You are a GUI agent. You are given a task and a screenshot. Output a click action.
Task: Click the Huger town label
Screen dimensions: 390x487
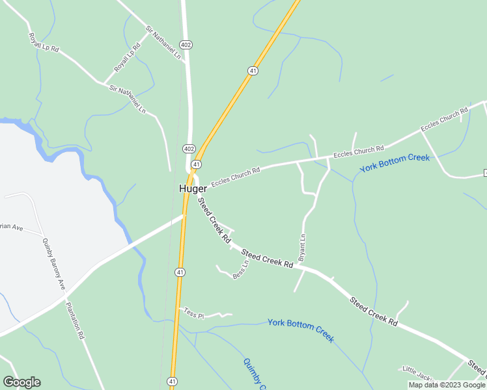[x=193, y=188]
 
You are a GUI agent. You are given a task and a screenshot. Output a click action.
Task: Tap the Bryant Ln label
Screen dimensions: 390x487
[x=302, y=248]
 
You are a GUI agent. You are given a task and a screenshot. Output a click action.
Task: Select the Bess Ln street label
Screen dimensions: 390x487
[x=240, y=270]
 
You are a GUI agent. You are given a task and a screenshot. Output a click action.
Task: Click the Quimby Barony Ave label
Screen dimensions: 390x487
[x=54, y=264]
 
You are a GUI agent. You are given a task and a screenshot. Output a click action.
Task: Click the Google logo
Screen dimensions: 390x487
[x=21, y=382]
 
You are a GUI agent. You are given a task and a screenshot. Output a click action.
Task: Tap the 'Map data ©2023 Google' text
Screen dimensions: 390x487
[x=447, y=385]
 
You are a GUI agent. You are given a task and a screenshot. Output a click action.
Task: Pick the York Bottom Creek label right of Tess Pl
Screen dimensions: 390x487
[x=300, y=330]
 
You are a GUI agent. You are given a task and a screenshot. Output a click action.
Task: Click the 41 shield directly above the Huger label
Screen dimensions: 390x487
[x=196, y=164]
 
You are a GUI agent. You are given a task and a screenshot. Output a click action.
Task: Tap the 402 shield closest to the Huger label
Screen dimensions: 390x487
[x=189, y=149]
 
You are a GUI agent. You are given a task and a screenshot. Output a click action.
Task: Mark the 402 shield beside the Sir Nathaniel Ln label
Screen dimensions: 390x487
[x=187, y=44]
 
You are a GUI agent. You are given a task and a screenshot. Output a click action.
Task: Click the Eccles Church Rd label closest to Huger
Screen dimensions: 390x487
[x=235, y=178]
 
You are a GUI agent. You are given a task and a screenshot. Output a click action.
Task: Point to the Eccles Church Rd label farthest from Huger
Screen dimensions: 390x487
[x=445, y=120]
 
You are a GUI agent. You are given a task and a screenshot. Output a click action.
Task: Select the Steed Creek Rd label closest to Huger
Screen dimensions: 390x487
[x=214, y=222]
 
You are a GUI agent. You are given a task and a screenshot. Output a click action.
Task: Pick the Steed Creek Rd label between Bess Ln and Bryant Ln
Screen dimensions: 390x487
[x=267, y=258]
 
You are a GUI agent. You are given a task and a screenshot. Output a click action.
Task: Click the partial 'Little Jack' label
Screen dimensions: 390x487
[x=417, y=372]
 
